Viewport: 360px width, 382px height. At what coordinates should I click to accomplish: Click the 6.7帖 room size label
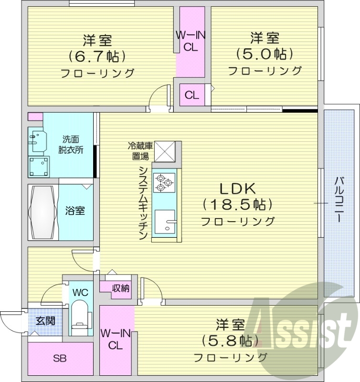pos(97,56)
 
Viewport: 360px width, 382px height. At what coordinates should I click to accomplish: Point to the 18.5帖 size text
pos(238,205)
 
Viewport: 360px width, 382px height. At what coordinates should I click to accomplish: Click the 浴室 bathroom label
pos(75,211)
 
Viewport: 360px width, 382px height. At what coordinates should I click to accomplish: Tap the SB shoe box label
pos(60,358)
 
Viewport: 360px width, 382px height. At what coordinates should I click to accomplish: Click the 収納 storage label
pos(120,288)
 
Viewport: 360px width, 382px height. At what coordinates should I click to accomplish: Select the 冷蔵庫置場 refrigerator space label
pos(139,150)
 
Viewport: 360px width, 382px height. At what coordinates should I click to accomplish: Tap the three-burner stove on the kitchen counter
pos(164,182)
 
